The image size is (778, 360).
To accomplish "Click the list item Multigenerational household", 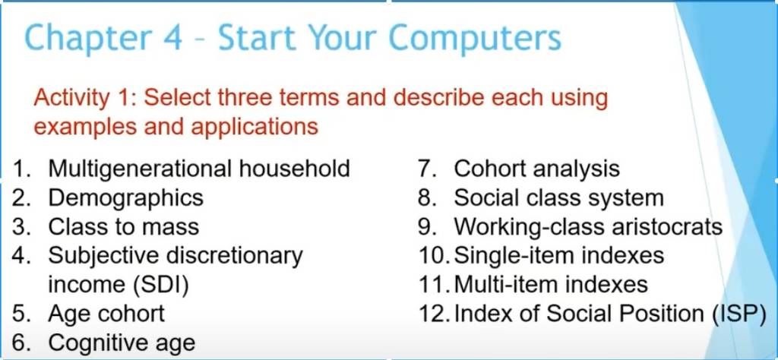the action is pyautogui.click(x=199, y=169).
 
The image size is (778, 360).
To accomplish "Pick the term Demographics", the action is pyautogui.click(x=126, y=198).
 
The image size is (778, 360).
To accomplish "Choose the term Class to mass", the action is pyautogui.click(x=124, y=226).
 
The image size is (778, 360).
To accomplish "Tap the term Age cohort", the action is pyautogui.click(x=106, y=314).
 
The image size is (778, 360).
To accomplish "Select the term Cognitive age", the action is pyautogui.click(x=122, y=343).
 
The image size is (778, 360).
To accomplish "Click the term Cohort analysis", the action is pyautogui.click(x=537, y=169).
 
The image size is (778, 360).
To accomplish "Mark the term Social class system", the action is pyautogui.click(x=558, y=198).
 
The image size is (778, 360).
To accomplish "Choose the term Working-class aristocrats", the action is pyautogui.click(x=588, y=226).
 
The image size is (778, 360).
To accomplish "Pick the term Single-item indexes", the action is pyautogui.click(x=559, y=255).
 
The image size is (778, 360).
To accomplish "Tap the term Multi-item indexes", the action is pyautogui.click(x=551, y=285).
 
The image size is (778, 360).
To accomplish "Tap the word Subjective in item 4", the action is pyautogui.click(x=103, y=256).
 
